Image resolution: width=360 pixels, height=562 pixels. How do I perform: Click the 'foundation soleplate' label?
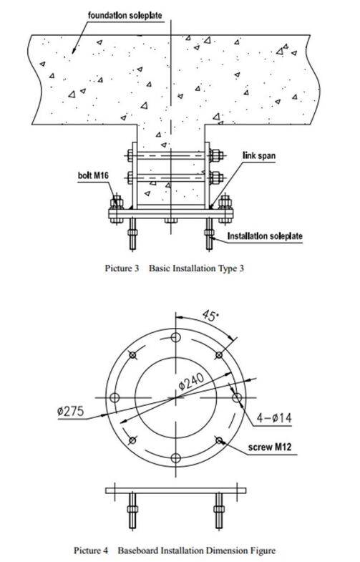[125, 16]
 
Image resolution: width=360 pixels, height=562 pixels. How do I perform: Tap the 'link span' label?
[259, 155]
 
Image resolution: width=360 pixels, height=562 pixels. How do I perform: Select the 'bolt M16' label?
[93, 175]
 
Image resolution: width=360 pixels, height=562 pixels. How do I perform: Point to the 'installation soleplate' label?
[265, 236]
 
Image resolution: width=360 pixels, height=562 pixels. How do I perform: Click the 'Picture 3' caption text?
[122, 268]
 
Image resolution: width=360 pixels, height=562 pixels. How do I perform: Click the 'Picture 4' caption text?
[91, 550]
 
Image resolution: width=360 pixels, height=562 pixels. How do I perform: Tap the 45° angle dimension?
[210, 316]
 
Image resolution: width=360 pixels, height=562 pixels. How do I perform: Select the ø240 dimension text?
[192, 381]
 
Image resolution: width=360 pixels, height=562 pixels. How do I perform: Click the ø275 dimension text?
[70, 411]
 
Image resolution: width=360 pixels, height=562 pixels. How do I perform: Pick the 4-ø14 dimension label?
[274, 417]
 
